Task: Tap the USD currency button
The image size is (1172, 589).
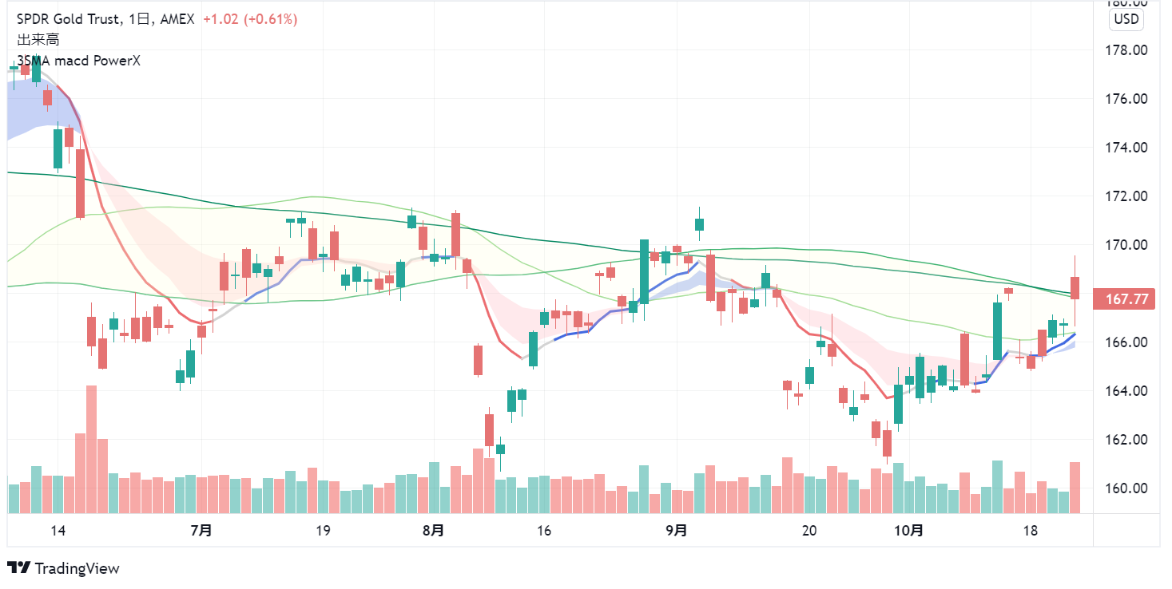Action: pyautogui.click(x=1126, y=19)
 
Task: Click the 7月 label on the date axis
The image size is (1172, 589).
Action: pyautogui.click(x=202, y=531)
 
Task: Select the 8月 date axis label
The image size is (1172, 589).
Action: pyautogui.click(x=433, y=531)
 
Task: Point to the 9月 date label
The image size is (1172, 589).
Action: pyautogui.click(x=676, y=531)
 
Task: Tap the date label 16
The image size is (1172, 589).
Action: pyautogui.click(x=544, y=531)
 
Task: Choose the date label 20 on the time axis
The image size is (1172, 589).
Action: pyautogui.click(x=808, y=531)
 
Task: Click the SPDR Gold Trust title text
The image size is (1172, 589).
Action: pyautogui.click(x=69, y=19)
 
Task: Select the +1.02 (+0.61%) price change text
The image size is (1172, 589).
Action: pyautogui.click(x=249, y=19)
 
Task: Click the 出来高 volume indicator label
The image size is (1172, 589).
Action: pyautogui.click(x=38, y=39)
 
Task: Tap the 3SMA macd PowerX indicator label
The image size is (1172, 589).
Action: pyautogui.click(x=78, y=61)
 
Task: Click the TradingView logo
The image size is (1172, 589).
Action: pyautogui.click(x=64, y=568)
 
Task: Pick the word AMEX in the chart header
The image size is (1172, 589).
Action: pyautogui.click(x=177, y=19)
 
